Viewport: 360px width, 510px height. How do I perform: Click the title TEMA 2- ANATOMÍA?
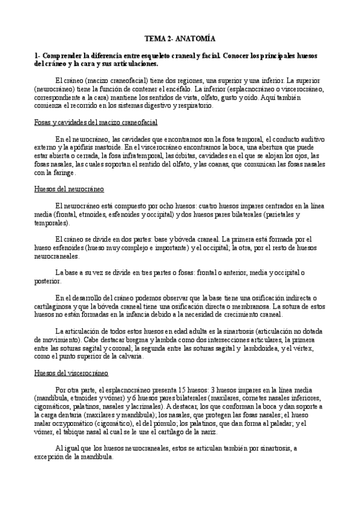[180, 37]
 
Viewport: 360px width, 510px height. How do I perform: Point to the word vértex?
[313, 348]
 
